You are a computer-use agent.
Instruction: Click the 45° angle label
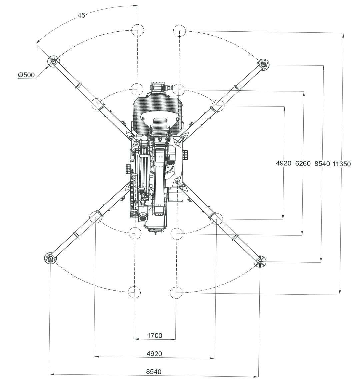(x=83, y=15)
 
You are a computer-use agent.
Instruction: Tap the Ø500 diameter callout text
(x=26, y=75)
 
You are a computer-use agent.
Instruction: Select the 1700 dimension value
(x=154, y=335)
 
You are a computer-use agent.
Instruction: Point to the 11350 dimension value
(x=342, y=164)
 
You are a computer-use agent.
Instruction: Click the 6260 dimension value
(x=303, y=163)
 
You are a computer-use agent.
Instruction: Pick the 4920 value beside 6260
(x=284, y=163)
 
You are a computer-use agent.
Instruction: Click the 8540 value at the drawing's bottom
(x=154, y=371)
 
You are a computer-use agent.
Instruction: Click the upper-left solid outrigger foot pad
(x=53, y=61)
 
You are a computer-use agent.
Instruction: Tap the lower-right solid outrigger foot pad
(x=260, y=262)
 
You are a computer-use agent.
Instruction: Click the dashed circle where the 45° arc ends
(x=137, y=30)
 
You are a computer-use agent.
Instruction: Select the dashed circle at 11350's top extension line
(x=180, y=31)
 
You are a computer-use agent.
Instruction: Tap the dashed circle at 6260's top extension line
(x=179, y=89)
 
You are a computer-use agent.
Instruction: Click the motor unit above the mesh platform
(x=160, y=88)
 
